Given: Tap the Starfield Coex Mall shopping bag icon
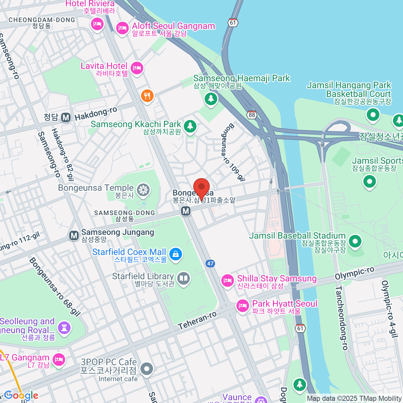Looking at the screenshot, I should (175, 254).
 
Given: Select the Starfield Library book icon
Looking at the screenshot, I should (183, 278).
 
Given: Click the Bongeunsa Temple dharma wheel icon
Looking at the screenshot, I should (143, 190).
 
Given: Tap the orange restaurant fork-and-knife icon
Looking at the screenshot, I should (147, 96).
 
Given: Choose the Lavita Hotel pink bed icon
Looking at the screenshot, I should (137, 69).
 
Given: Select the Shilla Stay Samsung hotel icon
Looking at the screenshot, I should (227, 280).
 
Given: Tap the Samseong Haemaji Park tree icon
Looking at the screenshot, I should (211, 98).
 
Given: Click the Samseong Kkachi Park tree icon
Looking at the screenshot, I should (190, 126).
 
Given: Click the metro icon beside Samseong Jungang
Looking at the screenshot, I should (74, 235).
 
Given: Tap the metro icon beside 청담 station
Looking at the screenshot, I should (66, 117).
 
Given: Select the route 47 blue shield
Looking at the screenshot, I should (211, 264).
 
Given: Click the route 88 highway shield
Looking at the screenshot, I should (252, 115).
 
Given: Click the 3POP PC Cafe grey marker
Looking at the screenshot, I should (146, 369).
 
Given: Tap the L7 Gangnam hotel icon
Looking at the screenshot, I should (59, 360).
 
